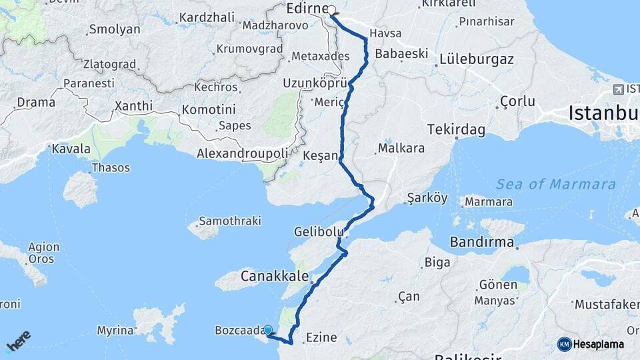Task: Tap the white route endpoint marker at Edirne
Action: tap(331, 10)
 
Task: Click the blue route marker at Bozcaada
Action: tap(268, 330)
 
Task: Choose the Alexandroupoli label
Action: tap(242, 153)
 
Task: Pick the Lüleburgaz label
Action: tap(476, 59)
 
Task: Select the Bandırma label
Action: tap(481, 241)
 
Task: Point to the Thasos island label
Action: tap(111, 167)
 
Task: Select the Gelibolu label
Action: tap(319, 232)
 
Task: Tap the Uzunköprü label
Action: tap(316, 83)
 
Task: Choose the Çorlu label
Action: tap(517, 101)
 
